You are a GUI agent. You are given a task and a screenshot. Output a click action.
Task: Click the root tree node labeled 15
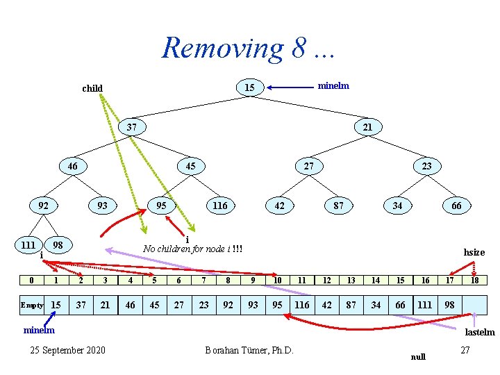point(249,87)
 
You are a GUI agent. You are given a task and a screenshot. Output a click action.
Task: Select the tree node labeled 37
point(131,127)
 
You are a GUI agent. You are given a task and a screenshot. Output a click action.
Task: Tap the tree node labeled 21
point(367,127)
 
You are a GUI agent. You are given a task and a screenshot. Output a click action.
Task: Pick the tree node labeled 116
point(219,206)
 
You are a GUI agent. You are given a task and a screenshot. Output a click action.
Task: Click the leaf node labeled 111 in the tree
point(28,244)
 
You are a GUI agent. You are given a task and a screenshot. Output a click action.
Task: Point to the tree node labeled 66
point(456,206)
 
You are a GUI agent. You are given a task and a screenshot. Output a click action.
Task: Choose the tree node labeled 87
point(338,206)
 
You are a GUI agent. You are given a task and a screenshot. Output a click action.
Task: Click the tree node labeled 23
point(426,166)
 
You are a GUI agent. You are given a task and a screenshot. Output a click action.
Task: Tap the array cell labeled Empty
point(31,305)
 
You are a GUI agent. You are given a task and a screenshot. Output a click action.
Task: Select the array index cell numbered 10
point(278,280)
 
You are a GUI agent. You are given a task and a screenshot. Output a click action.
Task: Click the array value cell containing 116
point(302,305)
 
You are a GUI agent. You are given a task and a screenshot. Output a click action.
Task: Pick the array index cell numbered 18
point(475,280)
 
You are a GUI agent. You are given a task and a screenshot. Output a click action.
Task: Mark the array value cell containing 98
point(450,305)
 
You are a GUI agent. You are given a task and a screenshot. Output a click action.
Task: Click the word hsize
point(474,252)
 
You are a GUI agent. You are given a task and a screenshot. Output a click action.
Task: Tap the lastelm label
point(479,332)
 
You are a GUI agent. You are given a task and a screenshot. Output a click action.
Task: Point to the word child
point(92,88)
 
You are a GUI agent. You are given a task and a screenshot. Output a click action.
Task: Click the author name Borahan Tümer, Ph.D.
point(249,349)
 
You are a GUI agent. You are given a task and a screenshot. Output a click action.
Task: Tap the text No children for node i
point(192,249)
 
